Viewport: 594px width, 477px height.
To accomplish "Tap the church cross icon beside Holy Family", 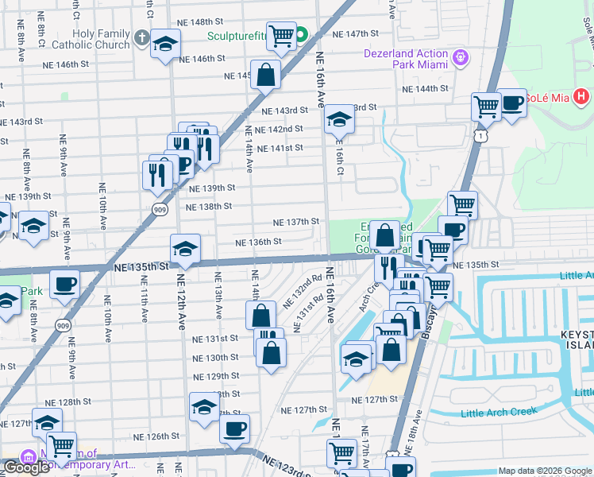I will click(141, 38).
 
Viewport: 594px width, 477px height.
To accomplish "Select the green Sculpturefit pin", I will click(302, 35).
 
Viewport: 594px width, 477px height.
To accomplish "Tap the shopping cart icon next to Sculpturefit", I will click(281, 35).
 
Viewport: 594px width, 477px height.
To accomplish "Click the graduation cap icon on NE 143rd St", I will click(339, 119).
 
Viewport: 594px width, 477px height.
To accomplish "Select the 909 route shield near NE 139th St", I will click(160, 208).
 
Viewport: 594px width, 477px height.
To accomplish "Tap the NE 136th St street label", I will click(258, 242).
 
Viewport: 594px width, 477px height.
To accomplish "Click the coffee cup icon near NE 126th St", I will click(234, 429).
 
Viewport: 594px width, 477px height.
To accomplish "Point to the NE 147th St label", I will click(356, 34).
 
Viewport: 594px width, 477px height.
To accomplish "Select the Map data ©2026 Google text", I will click(544, 471).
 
